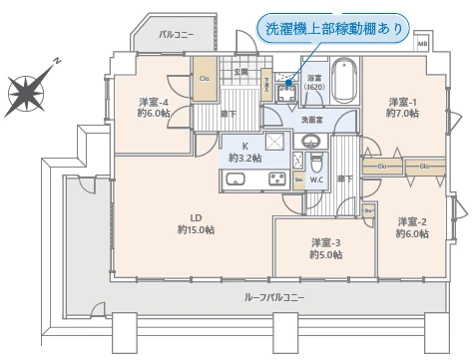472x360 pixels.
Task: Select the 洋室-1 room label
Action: [x=402, y=107]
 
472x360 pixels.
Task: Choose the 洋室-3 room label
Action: [x=325, y=248]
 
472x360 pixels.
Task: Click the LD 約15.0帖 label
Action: [x=196, y=224]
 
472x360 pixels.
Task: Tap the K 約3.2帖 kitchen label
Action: [x=244, y=152]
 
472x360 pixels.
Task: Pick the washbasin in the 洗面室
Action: [x=310, y=140]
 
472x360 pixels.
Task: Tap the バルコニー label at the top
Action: [x=177, y=35]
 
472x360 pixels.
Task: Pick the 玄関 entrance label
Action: [x=240, y=71]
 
